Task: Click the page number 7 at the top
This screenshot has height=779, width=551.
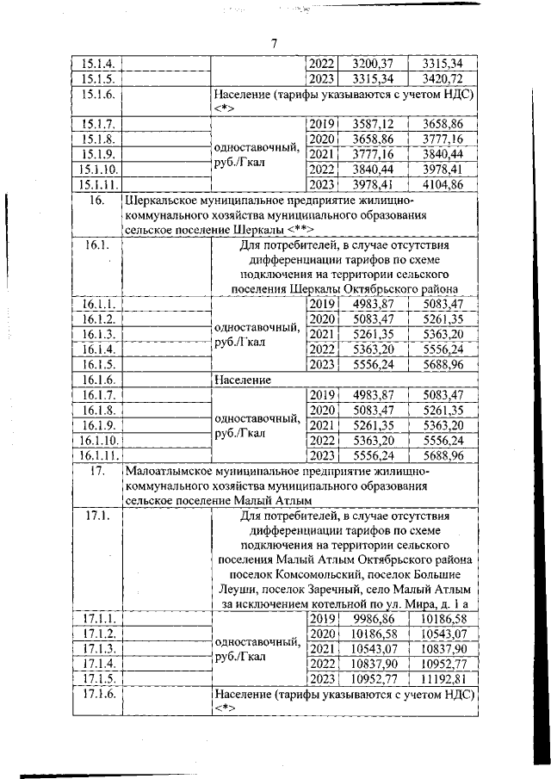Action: pyautogui.click(x=273, y=43)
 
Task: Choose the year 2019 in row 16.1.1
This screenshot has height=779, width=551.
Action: pyautogui.click(x=320, y=304)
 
